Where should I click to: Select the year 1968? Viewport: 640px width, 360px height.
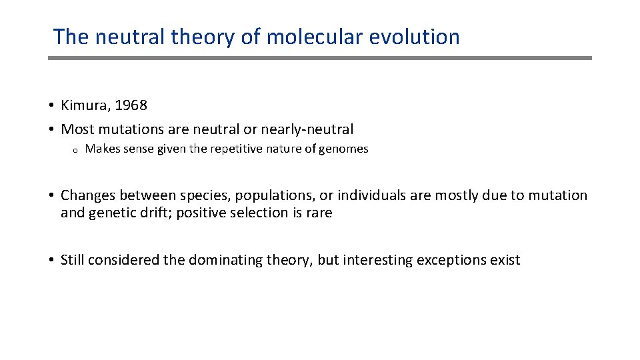pos(130,105)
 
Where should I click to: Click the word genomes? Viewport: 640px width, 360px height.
pos(343,149)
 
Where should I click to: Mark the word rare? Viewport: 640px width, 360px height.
pos(317,213)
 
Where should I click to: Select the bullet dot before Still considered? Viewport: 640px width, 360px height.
pos(51,260)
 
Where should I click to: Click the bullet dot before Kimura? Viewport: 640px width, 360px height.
pos(51,105)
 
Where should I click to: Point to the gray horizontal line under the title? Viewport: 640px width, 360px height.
pos(320,58)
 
